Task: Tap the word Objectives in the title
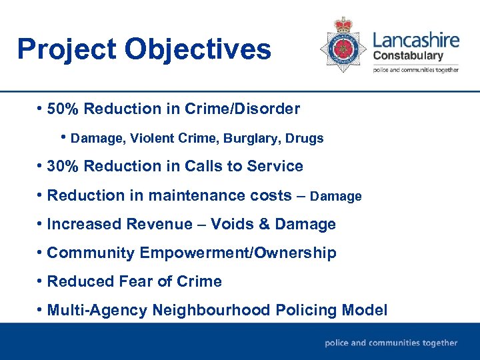(x=197, y=50)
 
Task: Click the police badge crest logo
(x=343, y=44)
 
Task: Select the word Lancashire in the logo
(x=416, y=39)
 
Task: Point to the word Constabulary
(x=408, y=55)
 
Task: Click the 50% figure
(x=64, y=109)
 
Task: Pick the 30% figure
(x=64, y=166)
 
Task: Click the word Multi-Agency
(x=97, y=311)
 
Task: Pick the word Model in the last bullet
(x=364, y=311)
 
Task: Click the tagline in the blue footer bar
(x=391, y=343)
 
